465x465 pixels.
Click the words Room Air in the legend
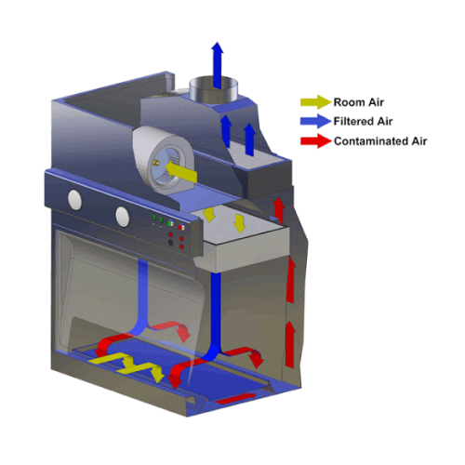click(x=359, y=102)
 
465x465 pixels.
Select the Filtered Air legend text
click(x=363, y=121)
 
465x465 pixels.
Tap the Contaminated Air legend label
click(x=380, y=141)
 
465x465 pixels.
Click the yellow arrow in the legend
click(x=315, y=101)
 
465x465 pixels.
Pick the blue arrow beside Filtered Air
click(x=315, y=121)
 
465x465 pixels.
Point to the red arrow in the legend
click(x=315, y=141)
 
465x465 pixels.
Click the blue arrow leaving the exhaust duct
click(x=218, y=65)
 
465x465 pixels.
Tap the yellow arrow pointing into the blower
click(x=181, y=171)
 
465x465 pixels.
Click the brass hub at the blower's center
click(x=156, y=163)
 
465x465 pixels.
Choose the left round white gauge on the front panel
click(x=75, y=200)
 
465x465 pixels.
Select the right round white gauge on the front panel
click(x=123, y=217)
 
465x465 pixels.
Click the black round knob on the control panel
click(x=170, y=243)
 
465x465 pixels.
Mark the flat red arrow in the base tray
click(x=235, y=398)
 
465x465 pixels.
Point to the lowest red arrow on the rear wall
click(x=290, y=344)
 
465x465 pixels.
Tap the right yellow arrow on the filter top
click(x=240, y=223)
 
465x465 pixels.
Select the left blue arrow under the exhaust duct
click(x=227, y=131)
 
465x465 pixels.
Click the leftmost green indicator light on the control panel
click(x=154, y=218)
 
